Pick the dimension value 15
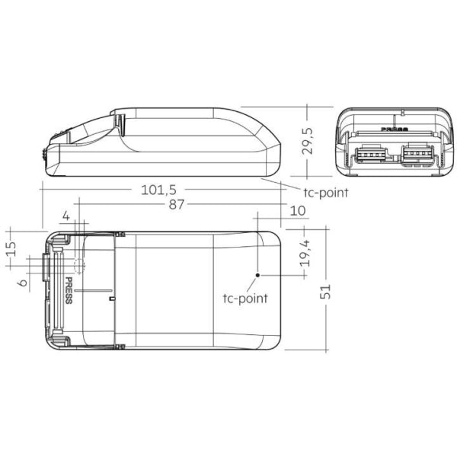coord(11,250)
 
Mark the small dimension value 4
coord(66,217)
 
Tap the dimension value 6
coord(23,283)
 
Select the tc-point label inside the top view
coord(245,298)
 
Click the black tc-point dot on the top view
coord(258,273)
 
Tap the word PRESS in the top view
coord(69,291)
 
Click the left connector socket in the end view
coord(369,155)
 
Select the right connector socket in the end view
coord(417,155)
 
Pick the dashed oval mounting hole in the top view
coord(78,265)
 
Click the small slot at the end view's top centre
coord(393,117)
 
